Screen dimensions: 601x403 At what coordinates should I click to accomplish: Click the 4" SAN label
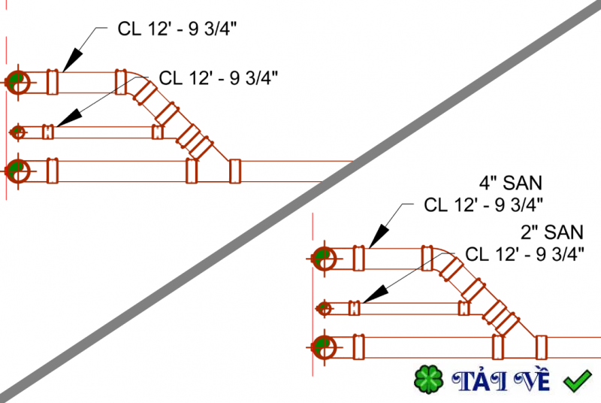click(x=511, y=183)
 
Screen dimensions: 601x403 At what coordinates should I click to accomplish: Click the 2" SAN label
click(x=552, y=232)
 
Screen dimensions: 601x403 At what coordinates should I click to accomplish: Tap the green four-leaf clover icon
click(x=428, y=380)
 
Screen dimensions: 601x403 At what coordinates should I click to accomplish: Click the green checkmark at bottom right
click(x=577, y=380)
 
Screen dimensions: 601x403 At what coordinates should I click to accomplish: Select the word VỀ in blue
click(x=531, y=380)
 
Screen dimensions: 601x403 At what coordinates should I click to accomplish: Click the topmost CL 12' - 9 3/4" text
click(x=177, y=29)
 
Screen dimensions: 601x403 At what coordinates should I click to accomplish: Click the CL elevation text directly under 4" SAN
click(x=483, y=205)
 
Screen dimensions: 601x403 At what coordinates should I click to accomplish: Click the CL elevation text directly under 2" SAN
click(x=524, y=254)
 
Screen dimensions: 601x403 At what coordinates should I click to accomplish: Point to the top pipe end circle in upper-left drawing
click(x=18, y=82)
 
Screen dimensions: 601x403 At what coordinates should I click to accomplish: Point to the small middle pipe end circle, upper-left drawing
click(x=17, y=132)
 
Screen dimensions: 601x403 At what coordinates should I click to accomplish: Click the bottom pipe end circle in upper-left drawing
click(x=18, y=171)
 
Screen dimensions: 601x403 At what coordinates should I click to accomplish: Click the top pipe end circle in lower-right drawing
click(x=325, y=259)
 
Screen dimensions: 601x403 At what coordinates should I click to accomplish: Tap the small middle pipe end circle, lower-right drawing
click(x=325, y=308)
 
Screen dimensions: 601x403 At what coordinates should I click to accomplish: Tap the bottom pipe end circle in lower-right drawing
click(x=325, y=347)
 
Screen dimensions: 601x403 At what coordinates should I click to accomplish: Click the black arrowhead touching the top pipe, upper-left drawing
click(x=72, y=60)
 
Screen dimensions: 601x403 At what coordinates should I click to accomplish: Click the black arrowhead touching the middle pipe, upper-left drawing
click(x=69, y=118)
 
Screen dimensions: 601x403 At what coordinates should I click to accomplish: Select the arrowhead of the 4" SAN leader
click(x=379, y=236)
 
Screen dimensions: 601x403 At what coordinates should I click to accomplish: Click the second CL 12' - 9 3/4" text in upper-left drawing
click(x=219, y=78)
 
